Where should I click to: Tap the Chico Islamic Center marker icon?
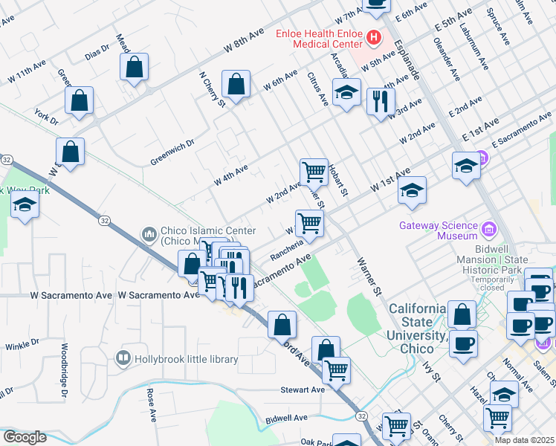149,235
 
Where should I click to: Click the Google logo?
24,437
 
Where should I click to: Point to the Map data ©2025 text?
523,440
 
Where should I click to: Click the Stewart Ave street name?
303,390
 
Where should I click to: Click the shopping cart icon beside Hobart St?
314,171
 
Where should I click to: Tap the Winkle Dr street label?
22,345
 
